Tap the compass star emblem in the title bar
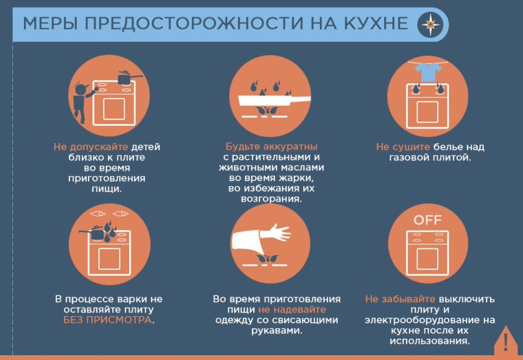pos(430,24)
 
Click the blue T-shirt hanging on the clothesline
pos(428,72)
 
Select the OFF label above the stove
pos(427,220)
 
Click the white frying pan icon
pos(274,100)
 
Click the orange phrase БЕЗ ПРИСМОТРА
pos(107,320)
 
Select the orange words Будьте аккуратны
pos(272,147)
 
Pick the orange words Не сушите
pos(403,147)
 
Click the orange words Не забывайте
pos(400,299)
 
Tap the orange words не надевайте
pos(292,309)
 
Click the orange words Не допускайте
pos(91,147)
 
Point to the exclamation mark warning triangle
pos(506,342)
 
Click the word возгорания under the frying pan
pos(272,199)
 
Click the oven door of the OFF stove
pos(427,259)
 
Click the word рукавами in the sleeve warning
pos(277,330)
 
